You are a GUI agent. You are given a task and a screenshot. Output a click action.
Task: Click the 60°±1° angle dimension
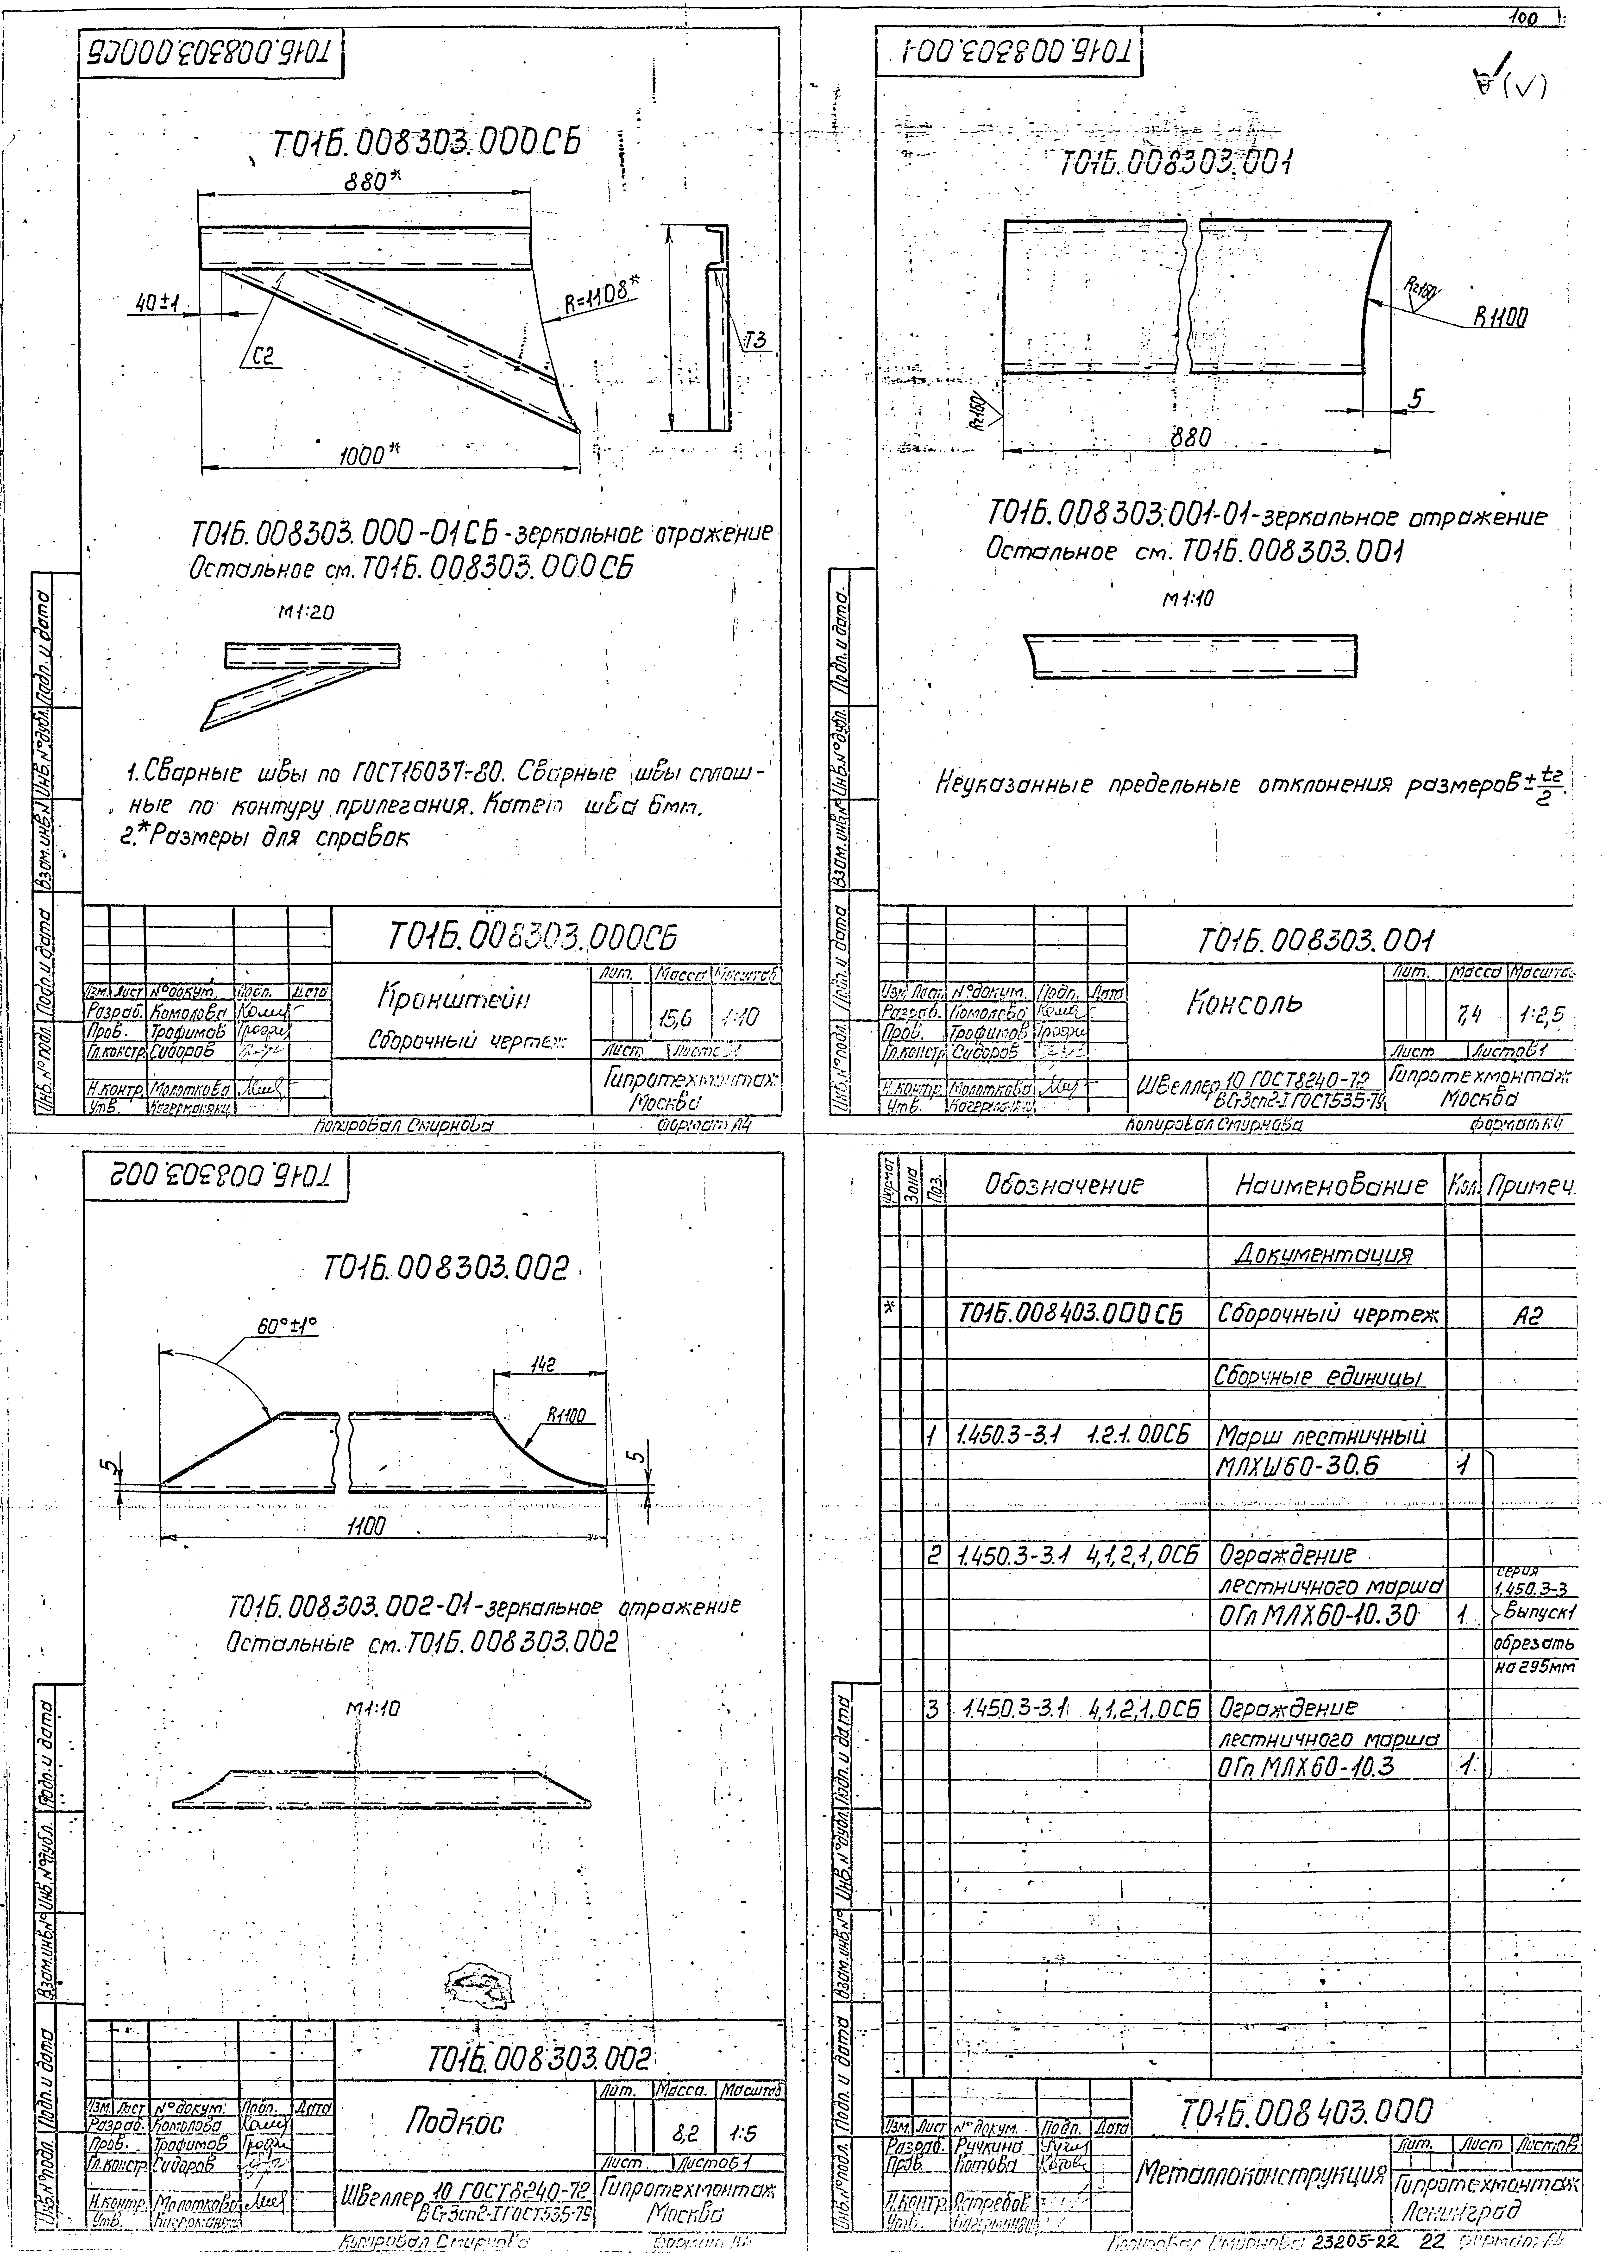point(286,1327)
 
